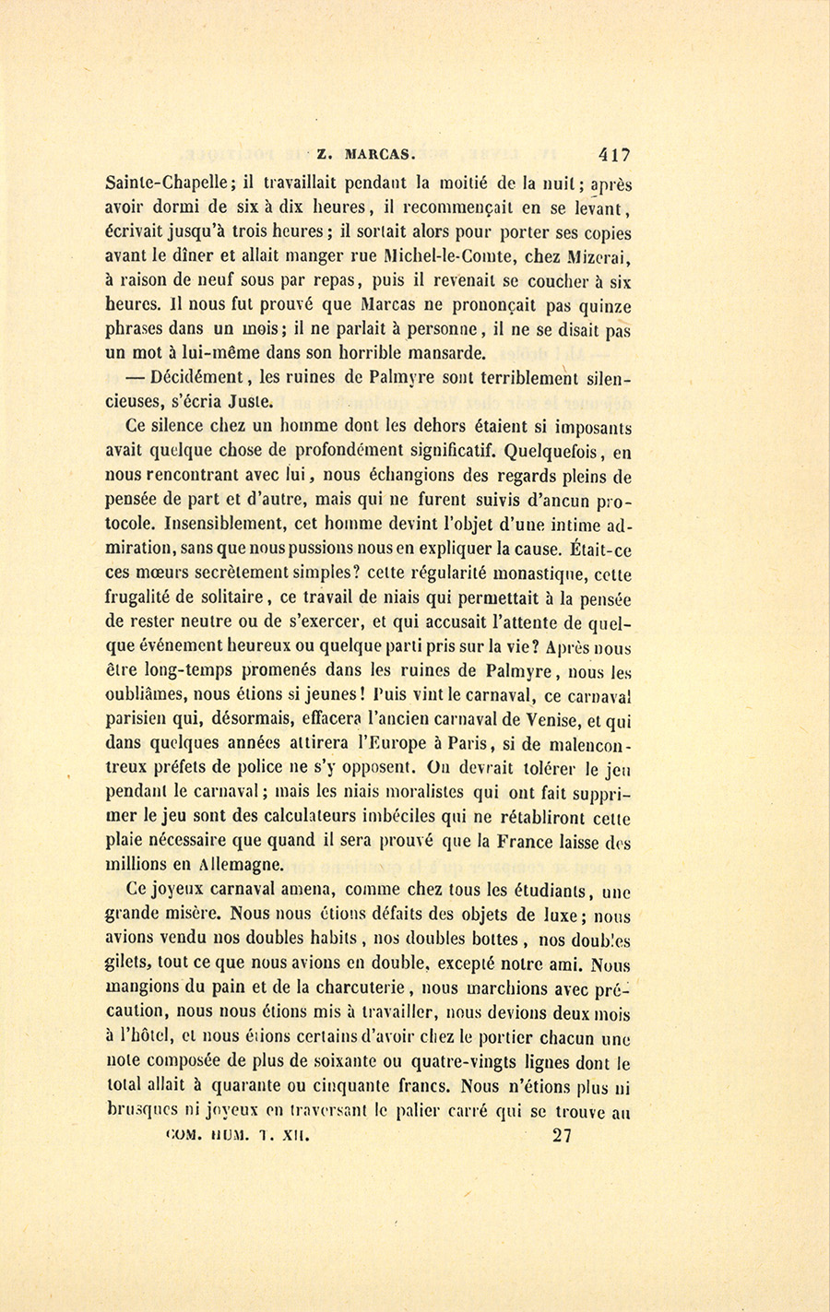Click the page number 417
(614, 154)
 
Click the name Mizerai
(598, 256)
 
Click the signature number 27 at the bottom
(563, 1136)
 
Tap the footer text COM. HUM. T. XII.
(239, 1136)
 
